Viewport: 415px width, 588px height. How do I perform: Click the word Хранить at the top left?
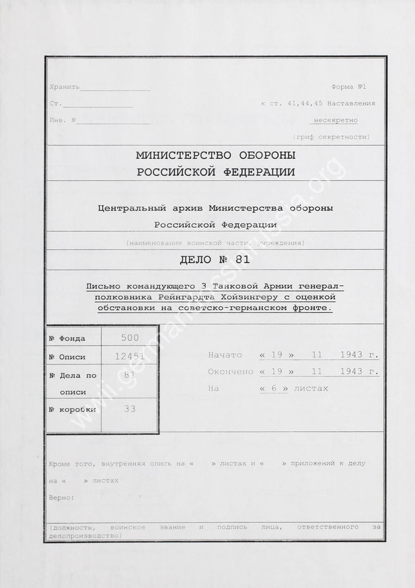tap(64, 87)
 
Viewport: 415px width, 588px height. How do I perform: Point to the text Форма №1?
tap(349, 87)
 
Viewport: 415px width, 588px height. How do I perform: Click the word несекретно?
tap(336, 120)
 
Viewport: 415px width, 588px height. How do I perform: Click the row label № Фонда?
tap(67, 339)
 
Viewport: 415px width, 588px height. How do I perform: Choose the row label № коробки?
tap(72, 410)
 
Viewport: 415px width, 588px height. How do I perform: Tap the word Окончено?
tap(230, 372)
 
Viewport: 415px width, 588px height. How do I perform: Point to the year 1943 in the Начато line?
tap(350, 354)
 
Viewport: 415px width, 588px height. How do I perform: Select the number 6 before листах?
tap(273, 388)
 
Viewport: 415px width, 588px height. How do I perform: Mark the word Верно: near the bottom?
tap(61, 497)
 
